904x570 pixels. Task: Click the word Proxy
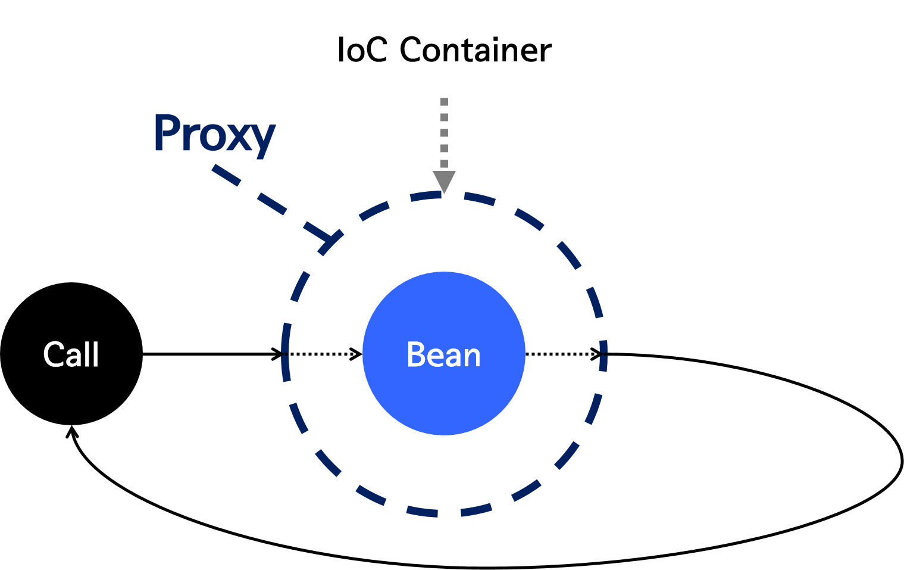214,134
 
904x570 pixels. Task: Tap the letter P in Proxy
167,132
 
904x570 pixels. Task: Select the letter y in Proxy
262,139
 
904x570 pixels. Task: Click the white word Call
71,355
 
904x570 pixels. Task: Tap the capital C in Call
54,355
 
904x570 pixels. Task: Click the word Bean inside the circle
443,355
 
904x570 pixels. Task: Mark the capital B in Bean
415,355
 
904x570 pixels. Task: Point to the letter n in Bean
471,357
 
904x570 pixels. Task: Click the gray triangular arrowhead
444,180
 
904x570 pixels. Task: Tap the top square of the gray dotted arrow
444,102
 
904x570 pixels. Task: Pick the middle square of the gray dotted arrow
444,133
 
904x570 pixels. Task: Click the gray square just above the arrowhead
444,163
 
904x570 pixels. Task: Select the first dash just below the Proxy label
226,175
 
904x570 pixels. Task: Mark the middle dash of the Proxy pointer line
272,203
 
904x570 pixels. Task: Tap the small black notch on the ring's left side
286,354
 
